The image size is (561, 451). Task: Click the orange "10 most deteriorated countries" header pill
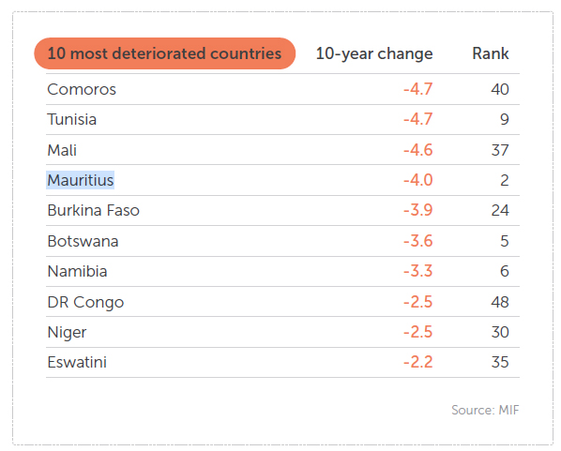click(164, 53)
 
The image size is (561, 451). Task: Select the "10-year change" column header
click(374, 53)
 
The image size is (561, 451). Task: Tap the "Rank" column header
click(490, 53)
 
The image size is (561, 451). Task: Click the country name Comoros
click(82, 89)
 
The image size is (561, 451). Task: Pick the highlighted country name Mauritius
click(81, 180)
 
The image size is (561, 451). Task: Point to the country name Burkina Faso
click(94, 210)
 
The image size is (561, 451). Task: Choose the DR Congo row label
click(86, 302)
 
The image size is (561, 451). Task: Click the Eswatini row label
click(77, 362)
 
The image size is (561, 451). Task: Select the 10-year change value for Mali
click(417, 150)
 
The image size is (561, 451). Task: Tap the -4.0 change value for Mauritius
click(417, 180)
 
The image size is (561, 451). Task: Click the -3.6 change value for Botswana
click(417, 241)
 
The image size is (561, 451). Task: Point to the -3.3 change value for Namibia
click(417, 271)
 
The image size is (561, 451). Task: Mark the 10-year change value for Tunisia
click(417, 119)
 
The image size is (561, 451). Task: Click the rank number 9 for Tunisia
click(505, 119)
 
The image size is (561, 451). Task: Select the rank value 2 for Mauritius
click(505, 180)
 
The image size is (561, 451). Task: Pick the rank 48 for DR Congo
click(500, 302)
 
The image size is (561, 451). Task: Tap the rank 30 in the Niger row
click(500, 332)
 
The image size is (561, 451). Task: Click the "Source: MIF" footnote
click(485, 410)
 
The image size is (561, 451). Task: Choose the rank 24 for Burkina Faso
click(500, 210)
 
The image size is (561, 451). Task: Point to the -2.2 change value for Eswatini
click(417, 362)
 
